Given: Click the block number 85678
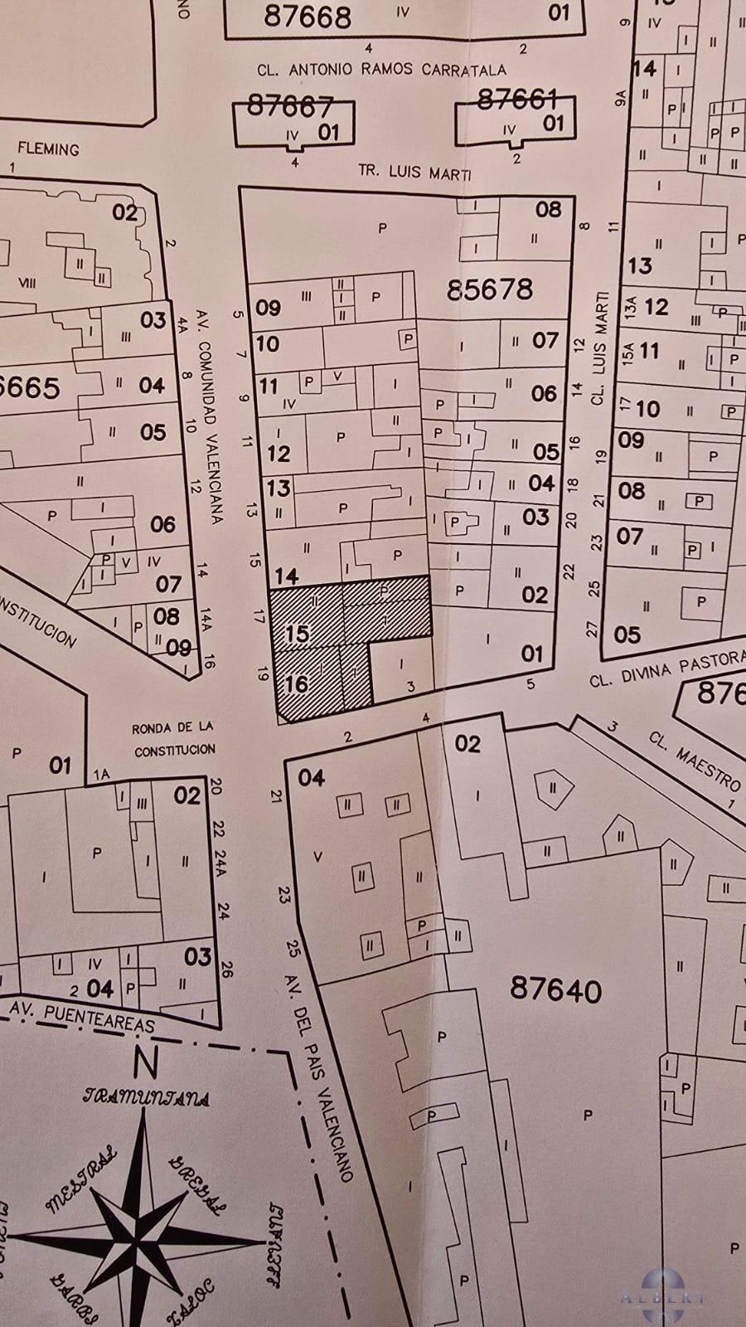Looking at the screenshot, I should tap(489, 289).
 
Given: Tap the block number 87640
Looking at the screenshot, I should tap(555, 989).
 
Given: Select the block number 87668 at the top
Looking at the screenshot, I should tap(308, 17).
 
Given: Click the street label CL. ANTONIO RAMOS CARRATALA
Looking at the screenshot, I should tap(381, 70).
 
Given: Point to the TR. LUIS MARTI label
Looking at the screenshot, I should tap(414, 173).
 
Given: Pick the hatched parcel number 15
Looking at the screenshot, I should tap(296, 634).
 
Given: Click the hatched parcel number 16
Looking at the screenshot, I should tap(296, 684).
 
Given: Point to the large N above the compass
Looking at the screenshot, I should tap(146, 1061).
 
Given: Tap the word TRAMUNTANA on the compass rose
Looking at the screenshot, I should tap(146, 1097).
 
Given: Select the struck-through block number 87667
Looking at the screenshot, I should tap(289, 106).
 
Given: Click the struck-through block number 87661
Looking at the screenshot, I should tap(517, 100).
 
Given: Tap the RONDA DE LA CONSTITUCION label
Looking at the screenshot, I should tap(174, 738).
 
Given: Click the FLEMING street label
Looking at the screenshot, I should tap(49, 149).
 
